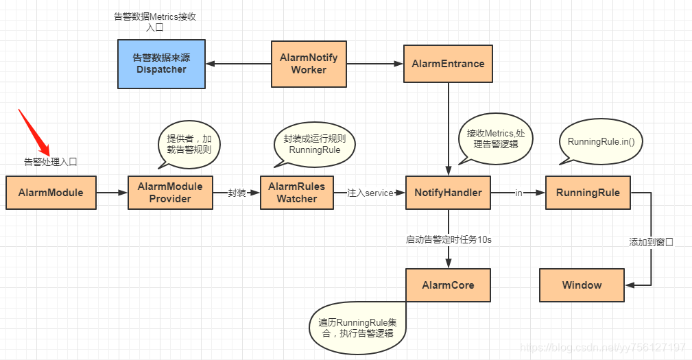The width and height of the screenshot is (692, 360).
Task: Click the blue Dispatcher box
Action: (160, 64)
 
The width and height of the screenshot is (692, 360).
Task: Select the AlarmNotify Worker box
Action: (309, 64)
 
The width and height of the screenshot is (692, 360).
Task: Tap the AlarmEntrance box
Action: (448, 64)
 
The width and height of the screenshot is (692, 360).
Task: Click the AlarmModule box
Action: (51, 193)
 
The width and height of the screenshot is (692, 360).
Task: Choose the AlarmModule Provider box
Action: (170, 193)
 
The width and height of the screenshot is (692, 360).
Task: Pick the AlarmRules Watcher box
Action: (296, 193)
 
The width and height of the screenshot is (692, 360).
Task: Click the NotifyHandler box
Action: (448, 193)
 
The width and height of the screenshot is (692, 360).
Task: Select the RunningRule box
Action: (588, 193)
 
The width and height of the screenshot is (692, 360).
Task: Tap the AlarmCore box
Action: (448, 285)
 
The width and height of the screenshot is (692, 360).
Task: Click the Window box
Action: (582, 285)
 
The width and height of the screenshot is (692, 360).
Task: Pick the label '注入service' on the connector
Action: (370, 193)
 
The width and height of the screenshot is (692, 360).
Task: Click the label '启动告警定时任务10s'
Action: (449, 240)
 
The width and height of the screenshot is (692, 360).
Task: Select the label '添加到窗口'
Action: (651, 242)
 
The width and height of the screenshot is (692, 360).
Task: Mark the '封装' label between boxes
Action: (237, 193)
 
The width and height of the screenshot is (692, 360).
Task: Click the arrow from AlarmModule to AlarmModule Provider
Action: (112, 193)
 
